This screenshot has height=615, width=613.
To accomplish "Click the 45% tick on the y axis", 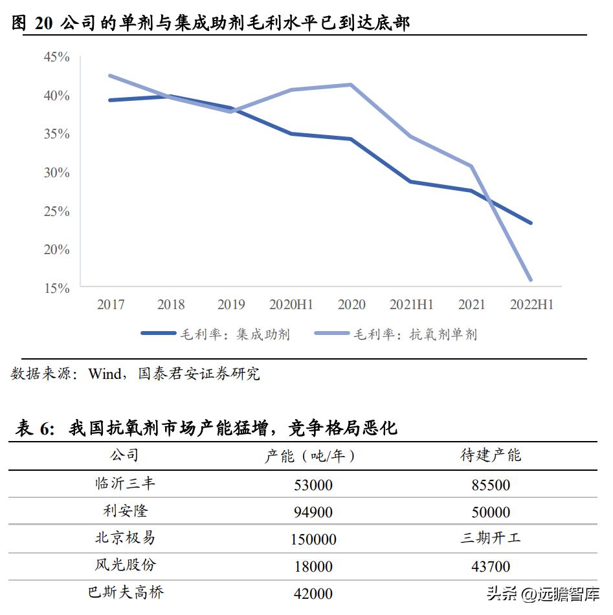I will (56, 57).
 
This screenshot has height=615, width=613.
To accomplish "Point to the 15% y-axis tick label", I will (56, 288).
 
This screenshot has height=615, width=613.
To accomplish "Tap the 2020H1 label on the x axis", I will (291, 304).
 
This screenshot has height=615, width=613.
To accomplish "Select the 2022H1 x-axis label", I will (531, 304).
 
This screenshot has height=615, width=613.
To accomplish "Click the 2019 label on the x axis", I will (231, 304).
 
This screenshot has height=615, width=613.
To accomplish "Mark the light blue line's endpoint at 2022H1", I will (531, 280).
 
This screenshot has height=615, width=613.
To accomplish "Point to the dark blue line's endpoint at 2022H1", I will (531, 223).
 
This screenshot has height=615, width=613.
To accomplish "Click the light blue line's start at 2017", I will (111, 76).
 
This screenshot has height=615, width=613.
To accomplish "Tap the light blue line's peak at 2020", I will (351, 85).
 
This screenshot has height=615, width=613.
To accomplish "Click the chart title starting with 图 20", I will (211, 23).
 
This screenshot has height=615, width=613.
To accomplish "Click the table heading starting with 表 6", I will (206, 427).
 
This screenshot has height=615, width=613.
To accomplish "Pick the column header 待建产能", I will (490, 455).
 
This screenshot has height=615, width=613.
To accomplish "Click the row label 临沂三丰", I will (125, 484).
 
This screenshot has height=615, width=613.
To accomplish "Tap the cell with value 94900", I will (313, 512).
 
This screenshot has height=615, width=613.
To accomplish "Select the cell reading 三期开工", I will (490, 538).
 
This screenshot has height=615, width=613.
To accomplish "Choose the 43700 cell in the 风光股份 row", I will (490, 566).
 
